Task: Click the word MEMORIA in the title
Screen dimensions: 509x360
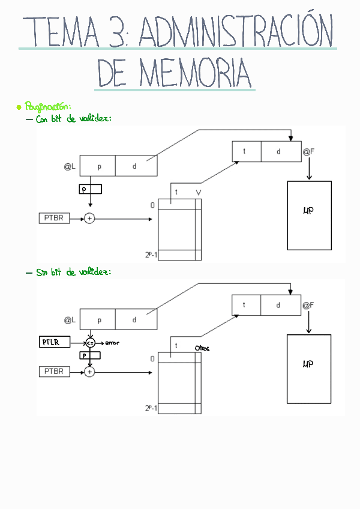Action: pyautogui.click(x=195, y=74)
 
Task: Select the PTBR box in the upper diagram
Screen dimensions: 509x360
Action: pyautogui.click(x=53, y=218)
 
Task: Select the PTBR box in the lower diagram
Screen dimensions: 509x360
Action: pyautogui.click(x=53, y=372)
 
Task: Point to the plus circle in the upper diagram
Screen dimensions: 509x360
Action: pyautogui.click(x=89, y=218)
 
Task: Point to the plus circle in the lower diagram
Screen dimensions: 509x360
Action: pyautogui.click(x=89, y=372)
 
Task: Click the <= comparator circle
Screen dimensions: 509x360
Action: pyautogui.click(x=90, y=343)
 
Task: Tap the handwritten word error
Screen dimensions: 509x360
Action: pyautogui.click(x=112, y=343)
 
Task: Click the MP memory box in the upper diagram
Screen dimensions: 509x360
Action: pyautogui.click(x=309, y=215)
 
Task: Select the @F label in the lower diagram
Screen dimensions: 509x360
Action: pyautogui.click(x=308, y=306)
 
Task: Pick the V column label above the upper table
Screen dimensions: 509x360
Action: pyautogui.click(x=198, y=193)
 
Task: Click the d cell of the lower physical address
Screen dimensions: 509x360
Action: pyautogui.click(x=278, y=305)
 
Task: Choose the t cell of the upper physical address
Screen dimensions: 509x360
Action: pyautogui.click(x=245, y=151)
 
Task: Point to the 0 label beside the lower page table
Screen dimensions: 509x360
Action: pyautogui.click(x=152, y=358)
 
